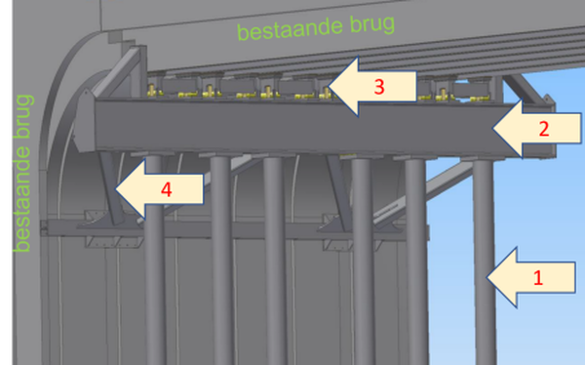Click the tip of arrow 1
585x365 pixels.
[487, 277]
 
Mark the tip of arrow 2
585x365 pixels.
[492, 128]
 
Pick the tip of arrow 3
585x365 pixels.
[328, 87]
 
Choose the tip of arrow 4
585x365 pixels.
[115, 189]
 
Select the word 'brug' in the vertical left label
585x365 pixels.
[23, 116]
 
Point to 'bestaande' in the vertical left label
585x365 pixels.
[22, 199]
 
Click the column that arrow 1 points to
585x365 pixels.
[484, 262]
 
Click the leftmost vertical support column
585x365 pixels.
[154, 262]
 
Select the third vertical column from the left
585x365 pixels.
[275, 262]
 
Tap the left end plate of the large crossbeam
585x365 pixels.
[84, 121]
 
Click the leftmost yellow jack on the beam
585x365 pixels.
[152, 90]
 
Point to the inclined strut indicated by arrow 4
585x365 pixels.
[111, 187]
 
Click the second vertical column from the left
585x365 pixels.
[221, 262]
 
